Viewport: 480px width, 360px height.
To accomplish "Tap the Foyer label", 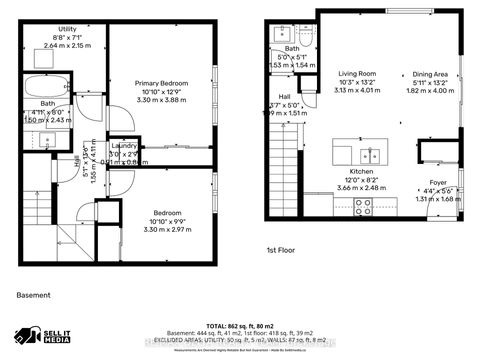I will [x=437, y=183].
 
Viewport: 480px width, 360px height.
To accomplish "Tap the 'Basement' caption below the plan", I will [x=35, y=295].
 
